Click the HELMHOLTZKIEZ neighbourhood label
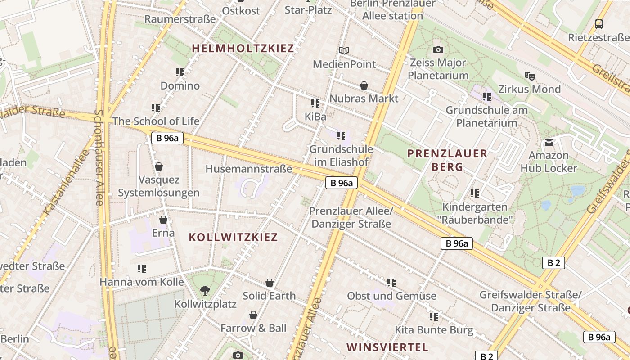coord(243,49)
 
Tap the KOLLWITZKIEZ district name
coord(233,237)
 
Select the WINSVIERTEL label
coord(387,347)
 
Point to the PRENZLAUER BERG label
coord(447,160)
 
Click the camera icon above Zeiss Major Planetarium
coord(438,50)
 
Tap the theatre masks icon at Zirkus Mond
coord(529,76)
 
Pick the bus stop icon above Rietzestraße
coord(598,24)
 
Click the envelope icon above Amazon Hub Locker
coord(549,143)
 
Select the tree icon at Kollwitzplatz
coord(205,291)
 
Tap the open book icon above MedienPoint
coord(344,51)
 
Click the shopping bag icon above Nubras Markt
coord(364,85)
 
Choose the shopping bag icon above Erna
coord(163,220)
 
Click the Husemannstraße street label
coord(249,169)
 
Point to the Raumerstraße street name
coord(180,19)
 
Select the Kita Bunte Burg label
coord(434,330)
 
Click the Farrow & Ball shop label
coord(253,328)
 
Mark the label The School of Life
coord(156,121)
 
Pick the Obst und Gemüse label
coord(391,296)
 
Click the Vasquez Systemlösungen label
coord(158,186)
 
